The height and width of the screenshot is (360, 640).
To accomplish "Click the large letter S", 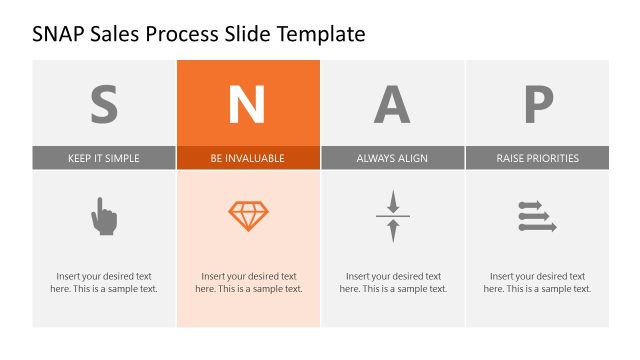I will point(104,103).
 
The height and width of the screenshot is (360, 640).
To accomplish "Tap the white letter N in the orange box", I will point(248,103).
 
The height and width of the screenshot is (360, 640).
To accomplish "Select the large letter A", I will point(392,103).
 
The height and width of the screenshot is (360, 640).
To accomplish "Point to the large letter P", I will point(537,103).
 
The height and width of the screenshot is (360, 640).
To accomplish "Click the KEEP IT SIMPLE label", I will point(104,158).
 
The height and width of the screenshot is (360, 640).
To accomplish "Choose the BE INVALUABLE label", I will point(248,158).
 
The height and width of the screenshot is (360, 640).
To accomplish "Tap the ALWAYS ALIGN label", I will point(392,158).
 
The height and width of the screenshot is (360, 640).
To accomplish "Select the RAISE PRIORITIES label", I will point(537,158).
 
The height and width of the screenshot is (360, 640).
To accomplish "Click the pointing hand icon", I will point(104,216).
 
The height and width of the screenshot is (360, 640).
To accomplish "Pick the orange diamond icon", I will point(248,215).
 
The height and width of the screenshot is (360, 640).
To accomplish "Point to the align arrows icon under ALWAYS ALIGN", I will point(393,216).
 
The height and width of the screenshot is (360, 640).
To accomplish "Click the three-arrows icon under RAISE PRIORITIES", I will point(536,216).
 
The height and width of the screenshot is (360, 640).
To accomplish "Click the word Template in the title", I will point(315,35).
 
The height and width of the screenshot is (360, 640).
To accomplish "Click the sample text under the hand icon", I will point(104,282).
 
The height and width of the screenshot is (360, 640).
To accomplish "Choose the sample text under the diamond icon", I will point(248,282).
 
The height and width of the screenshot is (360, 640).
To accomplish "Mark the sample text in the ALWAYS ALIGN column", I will point(392,282).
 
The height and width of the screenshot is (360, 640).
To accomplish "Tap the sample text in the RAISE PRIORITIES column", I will point(537,282).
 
